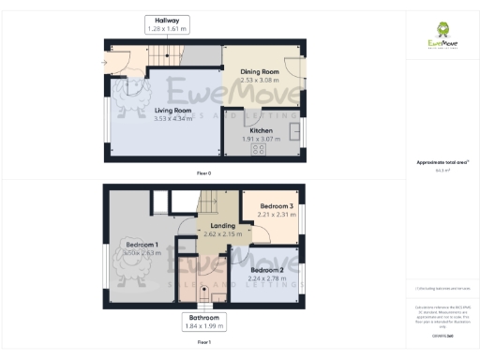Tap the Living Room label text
tap(172, 110)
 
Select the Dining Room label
tap(260, 72)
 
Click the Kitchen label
tap(262, 130)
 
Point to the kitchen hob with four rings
tap(257, 146)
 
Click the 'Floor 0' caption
tap(203, 172)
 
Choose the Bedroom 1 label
tap(142, 246)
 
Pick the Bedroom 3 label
tap(277, 206)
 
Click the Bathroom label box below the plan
tap(202, 322)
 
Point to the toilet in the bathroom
tap(217, 298)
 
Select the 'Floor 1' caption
tap(203, 343)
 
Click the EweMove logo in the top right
tap(442, 35)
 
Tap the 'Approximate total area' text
tap(442, 163)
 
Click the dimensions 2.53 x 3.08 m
tap(260, 81)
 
